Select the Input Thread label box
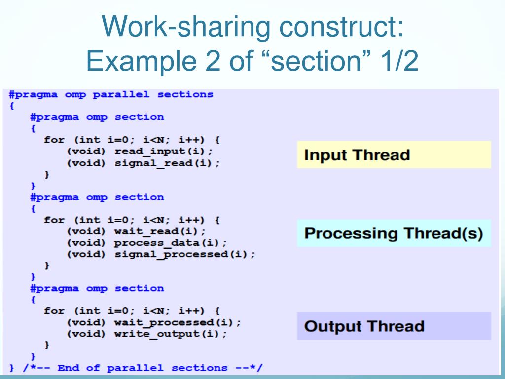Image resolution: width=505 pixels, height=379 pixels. coord(394,155)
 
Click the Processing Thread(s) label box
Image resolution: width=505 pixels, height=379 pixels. coord(394,233)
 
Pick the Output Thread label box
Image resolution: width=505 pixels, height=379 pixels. coord(394,326)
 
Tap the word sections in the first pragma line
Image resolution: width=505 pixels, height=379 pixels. coord(185,94)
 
